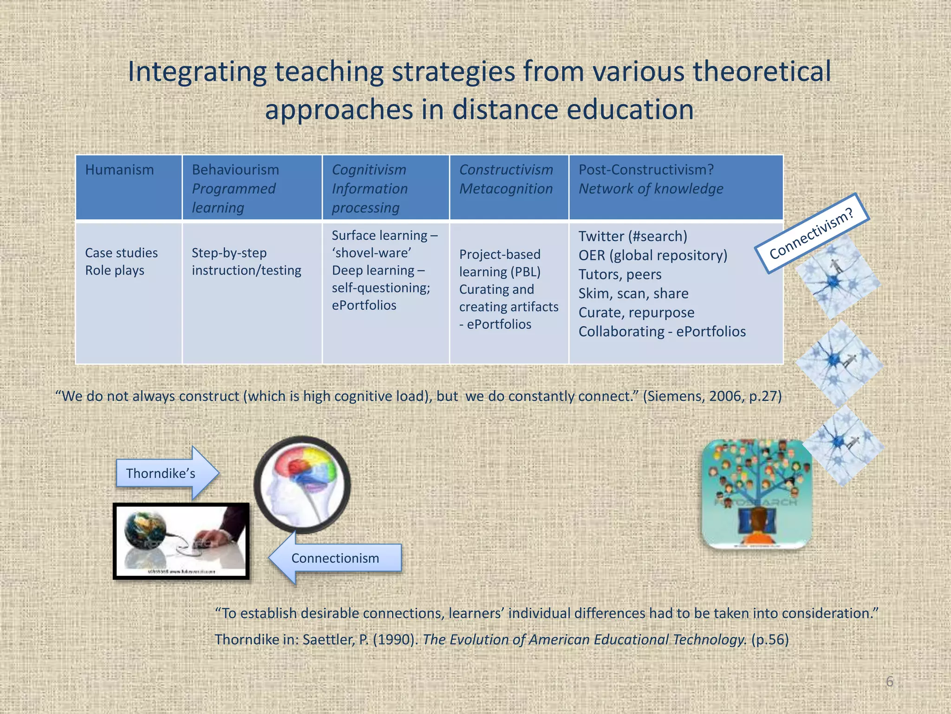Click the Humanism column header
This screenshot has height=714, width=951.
(119, 170)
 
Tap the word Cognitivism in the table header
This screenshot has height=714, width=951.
(369, 170)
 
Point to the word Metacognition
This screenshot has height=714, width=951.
(506, 189)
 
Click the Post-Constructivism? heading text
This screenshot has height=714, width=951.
(646, 170)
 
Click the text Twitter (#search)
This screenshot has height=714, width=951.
(632, 237)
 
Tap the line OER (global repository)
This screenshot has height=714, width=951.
(652, 256)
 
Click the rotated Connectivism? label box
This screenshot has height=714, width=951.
(812, 233)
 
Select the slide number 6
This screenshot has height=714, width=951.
(889, 681)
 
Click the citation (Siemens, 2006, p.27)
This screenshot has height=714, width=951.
(712, 397)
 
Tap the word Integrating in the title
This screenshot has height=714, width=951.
(196, 72)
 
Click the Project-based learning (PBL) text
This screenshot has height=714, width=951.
(500, 263)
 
